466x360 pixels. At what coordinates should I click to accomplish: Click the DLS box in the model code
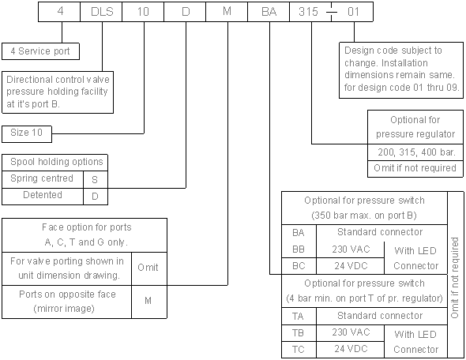pos(101,12)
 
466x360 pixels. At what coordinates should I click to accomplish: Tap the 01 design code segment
pos(352,12)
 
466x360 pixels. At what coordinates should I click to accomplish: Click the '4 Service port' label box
pos(40,51)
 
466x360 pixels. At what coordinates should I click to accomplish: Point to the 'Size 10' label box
pos(27,134)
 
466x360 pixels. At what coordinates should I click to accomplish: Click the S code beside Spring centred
pos(96,179)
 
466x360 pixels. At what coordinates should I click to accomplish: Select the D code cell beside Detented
pos(96,197)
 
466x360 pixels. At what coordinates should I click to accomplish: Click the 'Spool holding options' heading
pos(56,162)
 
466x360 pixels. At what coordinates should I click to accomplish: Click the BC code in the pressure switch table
pos(299,266)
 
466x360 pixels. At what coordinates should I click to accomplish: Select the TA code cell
pos(299,317)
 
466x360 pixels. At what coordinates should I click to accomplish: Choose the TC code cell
pos(299,349)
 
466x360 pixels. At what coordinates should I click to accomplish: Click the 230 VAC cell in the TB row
pos(351,332)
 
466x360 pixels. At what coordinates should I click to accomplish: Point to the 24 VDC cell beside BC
pos(351,266)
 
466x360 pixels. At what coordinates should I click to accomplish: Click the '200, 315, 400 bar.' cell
pos(415,152)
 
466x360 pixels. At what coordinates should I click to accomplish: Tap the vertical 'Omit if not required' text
pos(455,278)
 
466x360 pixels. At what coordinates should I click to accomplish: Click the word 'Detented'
pos(43,195)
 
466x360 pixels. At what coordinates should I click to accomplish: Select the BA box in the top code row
pos(269,12)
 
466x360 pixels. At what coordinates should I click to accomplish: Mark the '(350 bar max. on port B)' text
pos(364,216)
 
